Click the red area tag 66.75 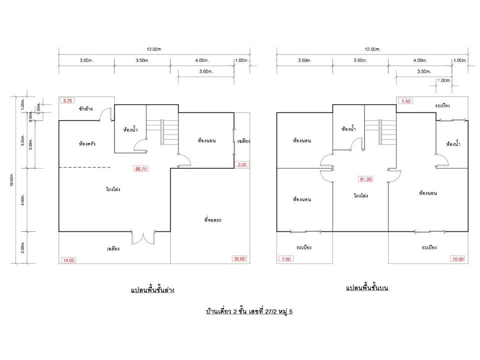click(x=141, y=168)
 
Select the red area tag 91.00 click(x=365, y=179)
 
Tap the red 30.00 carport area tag click(x=239, y=258)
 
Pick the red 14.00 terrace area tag click(x=68, y=260)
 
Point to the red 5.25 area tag click(x=67, y=100)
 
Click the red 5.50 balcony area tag click(x=405, y=101)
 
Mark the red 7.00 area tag click(x=286, y=259)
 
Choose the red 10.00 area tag click(x=458, y=259)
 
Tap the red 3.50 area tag click(x=242, y=164)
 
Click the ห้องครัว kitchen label click(x=87, y=143)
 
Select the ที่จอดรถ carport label click(x=213, y=220)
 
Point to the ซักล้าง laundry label click(x=85, y=108)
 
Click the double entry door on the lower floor click(x=143, y=237)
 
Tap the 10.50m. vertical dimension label click(x=11, y=179)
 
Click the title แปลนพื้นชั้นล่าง click(x=152, y=290)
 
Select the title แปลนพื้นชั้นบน click(x=367, y=288)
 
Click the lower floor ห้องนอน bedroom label click(x=206, y=140)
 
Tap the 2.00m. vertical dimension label click(x=22, y=247)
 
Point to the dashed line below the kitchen click(x=85, y=167)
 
